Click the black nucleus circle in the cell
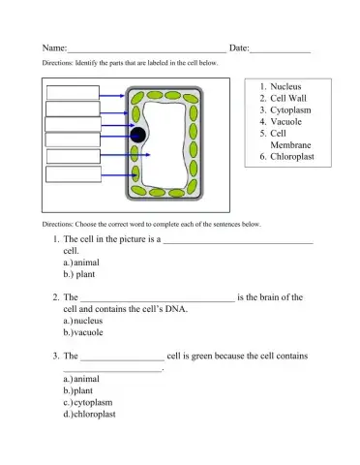point(139,135)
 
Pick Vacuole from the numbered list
point(290,122)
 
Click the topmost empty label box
point(73,92)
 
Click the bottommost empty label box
point(73,173)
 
